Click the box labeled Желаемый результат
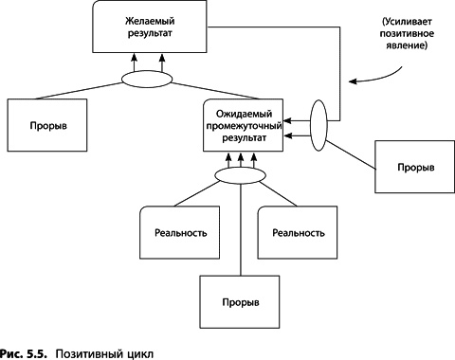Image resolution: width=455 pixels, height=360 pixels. [150, 27]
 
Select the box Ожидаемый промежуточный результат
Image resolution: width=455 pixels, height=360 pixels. [243, 125]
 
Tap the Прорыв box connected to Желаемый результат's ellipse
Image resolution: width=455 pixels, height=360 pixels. [47, 125]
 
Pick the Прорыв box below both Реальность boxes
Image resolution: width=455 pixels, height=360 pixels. [240, 302]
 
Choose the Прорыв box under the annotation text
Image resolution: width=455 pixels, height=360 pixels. [415, 167]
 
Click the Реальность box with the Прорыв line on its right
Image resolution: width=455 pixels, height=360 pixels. [180, 233]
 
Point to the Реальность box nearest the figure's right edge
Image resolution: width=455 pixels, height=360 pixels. [298, 233]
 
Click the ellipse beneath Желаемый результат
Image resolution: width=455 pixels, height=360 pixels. [147, 79]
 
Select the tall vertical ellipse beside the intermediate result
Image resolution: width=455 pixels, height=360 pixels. [318, 125]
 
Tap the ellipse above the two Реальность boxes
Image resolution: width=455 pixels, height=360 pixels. [241, 175]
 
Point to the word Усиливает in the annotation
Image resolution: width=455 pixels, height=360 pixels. [407, 22]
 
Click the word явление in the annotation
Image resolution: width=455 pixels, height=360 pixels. [407, 45]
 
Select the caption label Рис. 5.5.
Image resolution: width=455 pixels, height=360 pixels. [24, 353]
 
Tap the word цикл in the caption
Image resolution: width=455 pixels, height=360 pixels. [141, 354]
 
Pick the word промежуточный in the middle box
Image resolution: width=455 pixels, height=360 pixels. [244, 126]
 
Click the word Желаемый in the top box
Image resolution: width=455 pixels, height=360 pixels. [150, 21]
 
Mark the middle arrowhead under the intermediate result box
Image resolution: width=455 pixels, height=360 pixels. [241, 156]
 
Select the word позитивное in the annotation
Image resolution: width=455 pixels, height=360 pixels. [407, 33]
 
